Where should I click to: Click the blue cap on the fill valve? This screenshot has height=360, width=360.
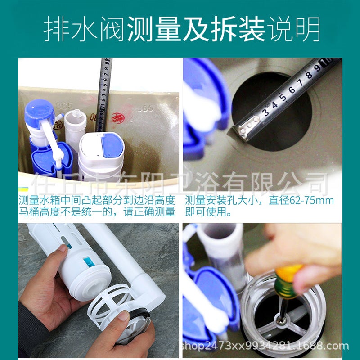[x=39, y=112]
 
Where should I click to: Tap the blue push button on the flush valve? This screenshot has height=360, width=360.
[x=112, y=144]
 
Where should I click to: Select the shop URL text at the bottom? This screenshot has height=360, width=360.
[x=264, y=346]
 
